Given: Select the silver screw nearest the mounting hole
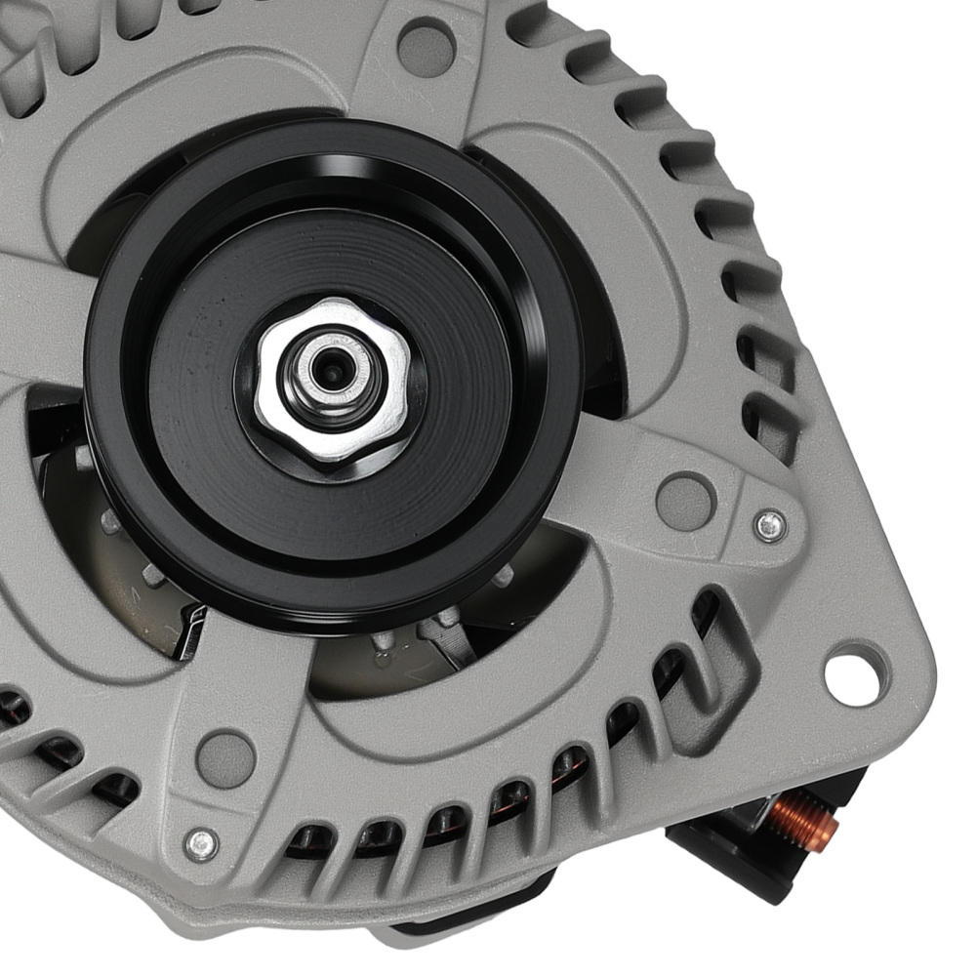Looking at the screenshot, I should (x=770, y=525).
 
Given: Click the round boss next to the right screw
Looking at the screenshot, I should (x=684, y=500).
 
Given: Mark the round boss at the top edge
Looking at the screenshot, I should (x=427, y=44).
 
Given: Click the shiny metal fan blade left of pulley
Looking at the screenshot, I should (x=185, y=625).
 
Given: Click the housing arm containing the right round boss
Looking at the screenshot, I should (x=634, y=478).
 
